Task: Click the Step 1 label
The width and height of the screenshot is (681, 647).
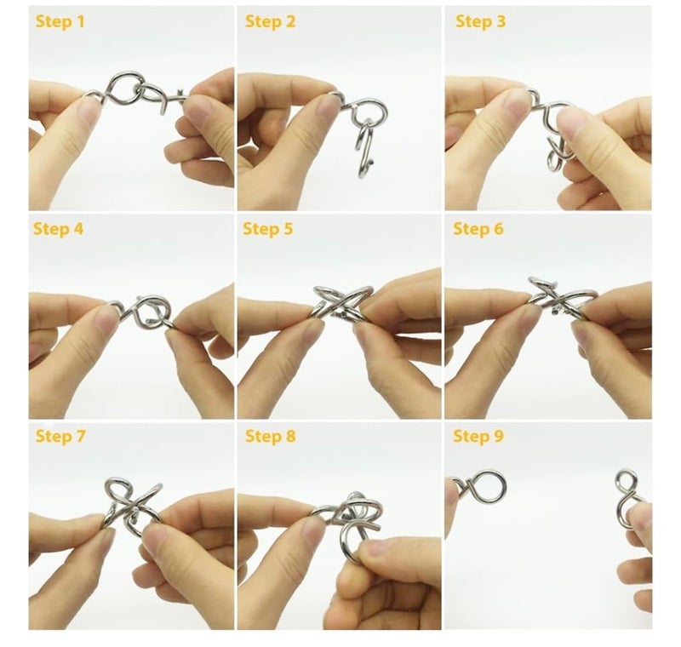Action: click(x=60, y=21)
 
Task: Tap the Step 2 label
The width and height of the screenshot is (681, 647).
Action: click(x=270, y=21)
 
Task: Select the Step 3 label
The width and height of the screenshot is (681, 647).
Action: click(x=480, y=21)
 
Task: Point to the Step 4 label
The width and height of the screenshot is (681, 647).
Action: click(x=58, y=228)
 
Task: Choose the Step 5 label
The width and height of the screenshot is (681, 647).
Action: click(x=268, y=228)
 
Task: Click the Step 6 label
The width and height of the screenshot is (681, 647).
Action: click(x=478, y=228)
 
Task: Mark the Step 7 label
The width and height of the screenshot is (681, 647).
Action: click(x=60, y=436)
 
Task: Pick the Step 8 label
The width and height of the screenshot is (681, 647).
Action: click(x=270, y=436)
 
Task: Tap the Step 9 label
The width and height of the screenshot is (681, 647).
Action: click(x=478, y=436)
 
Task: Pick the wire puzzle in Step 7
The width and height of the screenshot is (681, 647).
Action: click(x=133, y=506)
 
